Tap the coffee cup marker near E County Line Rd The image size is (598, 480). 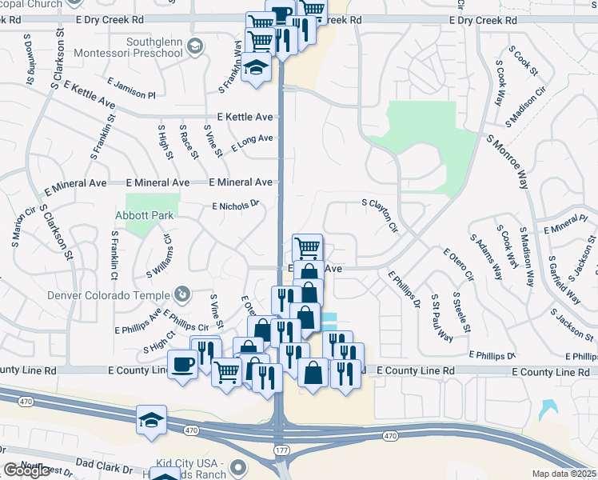(x=183, y=366)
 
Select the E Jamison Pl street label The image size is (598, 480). (x=130, y=90)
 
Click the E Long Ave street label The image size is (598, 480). (x=253, y=143)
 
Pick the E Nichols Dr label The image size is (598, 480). (x=236, y=205)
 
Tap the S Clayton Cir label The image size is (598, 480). (x=380, y=215)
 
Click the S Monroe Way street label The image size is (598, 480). (x=508, y=161)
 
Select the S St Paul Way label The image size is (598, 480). (x=441, y=318)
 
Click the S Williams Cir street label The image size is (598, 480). (x=157, y=256)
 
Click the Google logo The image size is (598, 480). (x=26, y=471)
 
